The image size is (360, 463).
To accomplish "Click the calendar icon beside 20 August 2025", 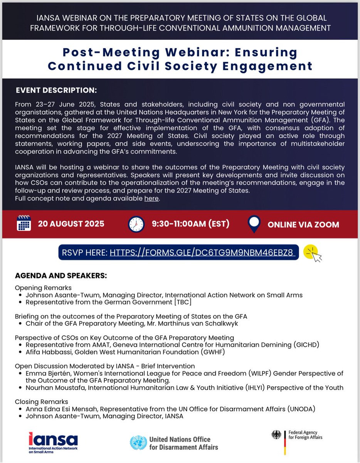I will pos(24,223).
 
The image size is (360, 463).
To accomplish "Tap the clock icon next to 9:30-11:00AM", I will pos(136,224).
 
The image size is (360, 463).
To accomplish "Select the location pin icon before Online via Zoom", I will pos(254,224).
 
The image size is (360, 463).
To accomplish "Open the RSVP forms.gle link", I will pos(202,253).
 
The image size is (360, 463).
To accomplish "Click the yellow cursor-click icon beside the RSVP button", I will pos(312,253).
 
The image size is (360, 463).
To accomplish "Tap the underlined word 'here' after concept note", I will pos(151,199).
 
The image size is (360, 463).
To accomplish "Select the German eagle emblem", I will pos(276,435).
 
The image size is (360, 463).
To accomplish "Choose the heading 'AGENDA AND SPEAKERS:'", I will pos(61,276).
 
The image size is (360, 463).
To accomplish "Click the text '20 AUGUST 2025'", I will pos(71,224).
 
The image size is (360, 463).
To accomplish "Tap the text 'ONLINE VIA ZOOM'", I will pos(303,224).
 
